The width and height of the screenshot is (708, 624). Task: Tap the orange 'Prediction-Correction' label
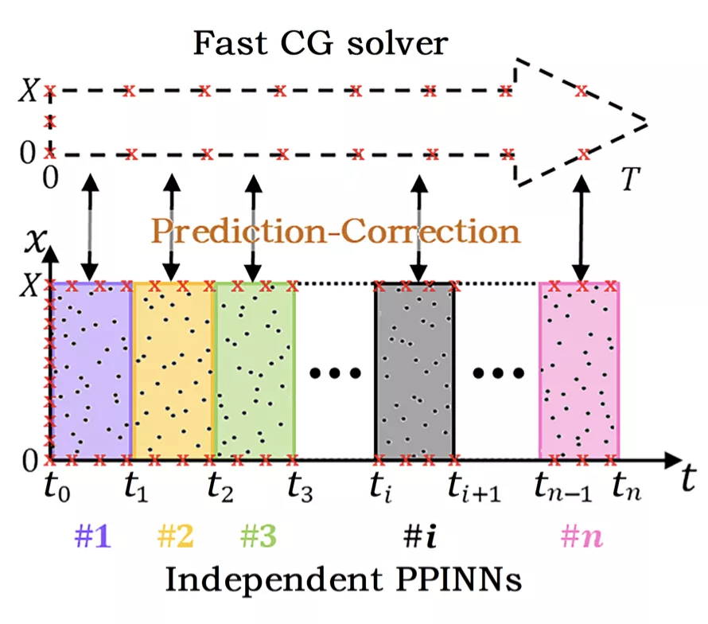click(335, 232)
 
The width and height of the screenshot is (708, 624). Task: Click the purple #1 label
click(91, 538)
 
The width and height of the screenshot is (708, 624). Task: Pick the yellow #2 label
click(174, 538)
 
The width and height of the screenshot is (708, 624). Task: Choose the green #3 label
click(257, 538)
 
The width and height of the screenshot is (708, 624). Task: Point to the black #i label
click(415, 538)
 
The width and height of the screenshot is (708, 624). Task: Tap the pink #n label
click(582, 538)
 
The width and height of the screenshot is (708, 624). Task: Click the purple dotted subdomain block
click(91, 371)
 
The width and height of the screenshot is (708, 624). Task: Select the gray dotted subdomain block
click(414, 371)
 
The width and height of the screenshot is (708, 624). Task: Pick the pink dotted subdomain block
click(579, 371)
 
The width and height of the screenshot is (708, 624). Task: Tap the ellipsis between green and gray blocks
click(335, 372)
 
